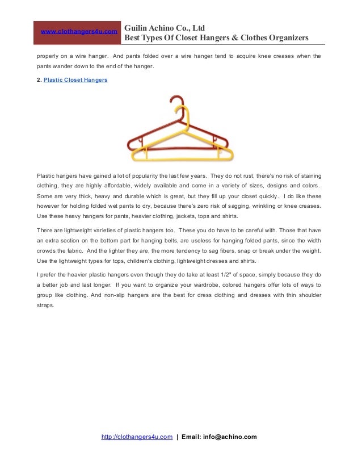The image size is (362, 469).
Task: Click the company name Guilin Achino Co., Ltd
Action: click(x=165, y=27)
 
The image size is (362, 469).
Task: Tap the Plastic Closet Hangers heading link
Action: click(x=75, y=80)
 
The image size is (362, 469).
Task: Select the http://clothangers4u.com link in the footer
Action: click(x=137, y=437)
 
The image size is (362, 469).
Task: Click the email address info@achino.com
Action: click(x=233, y=437)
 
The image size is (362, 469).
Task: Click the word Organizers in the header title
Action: click(x=286, y=38)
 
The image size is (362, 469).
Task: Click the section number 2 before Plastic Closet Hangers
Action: click(x=37, y=80)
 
